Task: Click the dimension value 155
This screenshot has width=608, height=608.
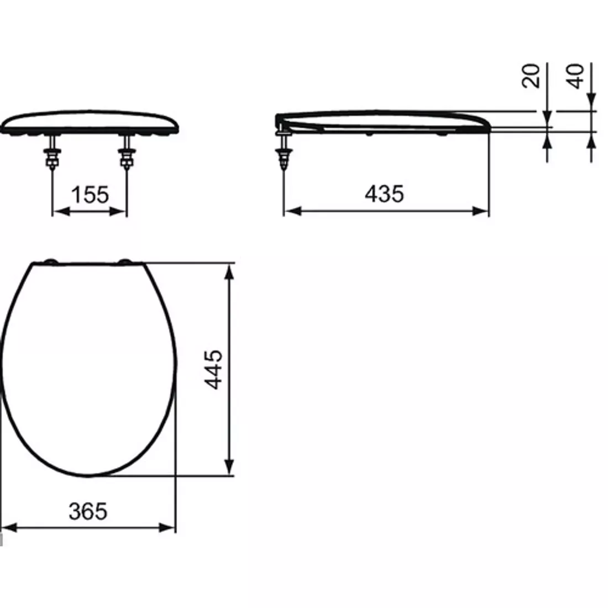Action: (x=90, y=195)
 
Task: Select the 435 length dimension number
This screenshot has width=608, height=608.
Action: (x=385, y=193)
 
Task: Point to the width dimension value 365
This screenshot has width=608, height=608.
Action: (x=88, y=511)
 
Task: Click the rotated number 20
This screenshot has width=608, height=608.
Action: (x=531, y=76)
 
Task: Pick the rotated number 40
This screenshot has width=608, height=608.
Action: (x=576, y=76)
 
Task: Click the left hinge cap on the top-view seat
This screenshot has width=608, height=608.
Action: (x=51, y=261)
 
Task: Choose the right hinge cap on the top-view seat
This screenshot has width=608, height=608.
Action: (x=125, y=261)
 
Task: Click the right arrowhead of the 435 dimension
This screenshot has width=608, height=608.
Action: (x=483, y=211)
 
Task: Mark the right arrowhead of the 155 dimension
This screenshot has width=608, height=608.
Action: (x=121, y=211)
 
